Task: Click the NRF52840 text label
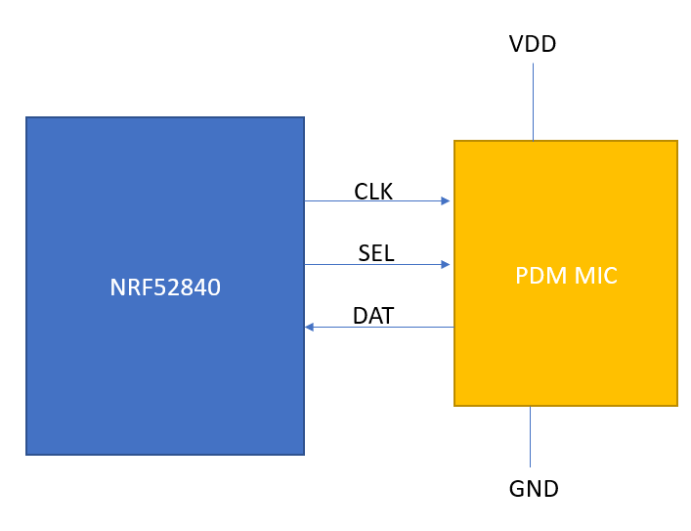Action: (x=165, y=288)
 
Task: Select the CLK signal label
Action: (x=373, y=192)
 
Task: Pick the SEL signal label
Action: (x=376, y=254)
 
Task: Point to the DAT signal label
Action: (x=373, y=316)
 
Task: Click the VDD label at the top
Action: (x=533, y=44)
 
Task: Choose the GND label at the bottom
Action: (x=534, y=489)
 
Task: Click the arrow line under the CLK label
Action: (x=376, y=201)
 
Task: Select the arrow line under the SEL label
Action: (x=376, y=264)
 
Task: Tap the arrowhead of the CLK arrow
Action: (x=446, y=201)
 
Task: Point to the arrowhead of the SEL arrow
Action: (x=446, y=264)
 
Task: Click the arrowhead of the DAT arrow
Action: (x=309, y=327)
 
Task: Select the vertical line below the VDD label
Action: (x=533, y=102)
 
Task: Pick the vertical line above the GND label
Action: (x=530, y=436)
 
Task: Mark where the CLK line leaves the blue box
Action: (x=305, y=201)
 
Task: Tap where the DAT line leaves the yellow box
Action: (x=453, y=327)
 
